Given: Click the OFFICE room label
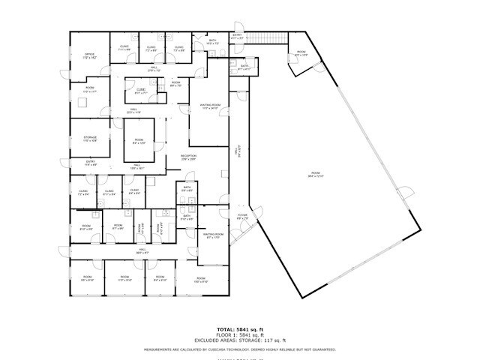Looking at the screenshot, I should pos(89,55).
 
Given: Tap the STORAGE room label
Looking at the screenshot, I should pos(90,139).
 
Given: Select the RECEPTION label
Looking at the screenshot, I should pos(187,157).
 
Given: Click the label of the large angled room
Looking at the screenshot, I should pos(319,175).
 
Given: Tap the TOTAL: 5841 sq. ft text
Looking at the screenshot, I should pos(240,329).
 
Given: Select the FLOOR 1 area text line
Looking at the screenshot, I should pos(240,334).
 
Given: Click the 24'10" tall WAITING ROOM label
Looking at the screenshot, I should pos(210,106).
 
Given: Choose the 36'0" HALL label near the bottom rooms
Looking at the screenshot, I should pos(142,253).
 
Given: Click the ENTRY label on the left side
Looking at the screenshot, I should pos(90,163).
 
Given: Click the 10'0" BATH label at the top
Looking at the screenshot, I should pos(212,42).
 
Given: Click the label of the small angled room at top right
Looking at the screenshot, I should pos(301,54).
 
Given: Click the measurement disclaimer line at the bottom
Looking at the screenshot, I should pos(240,349).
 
